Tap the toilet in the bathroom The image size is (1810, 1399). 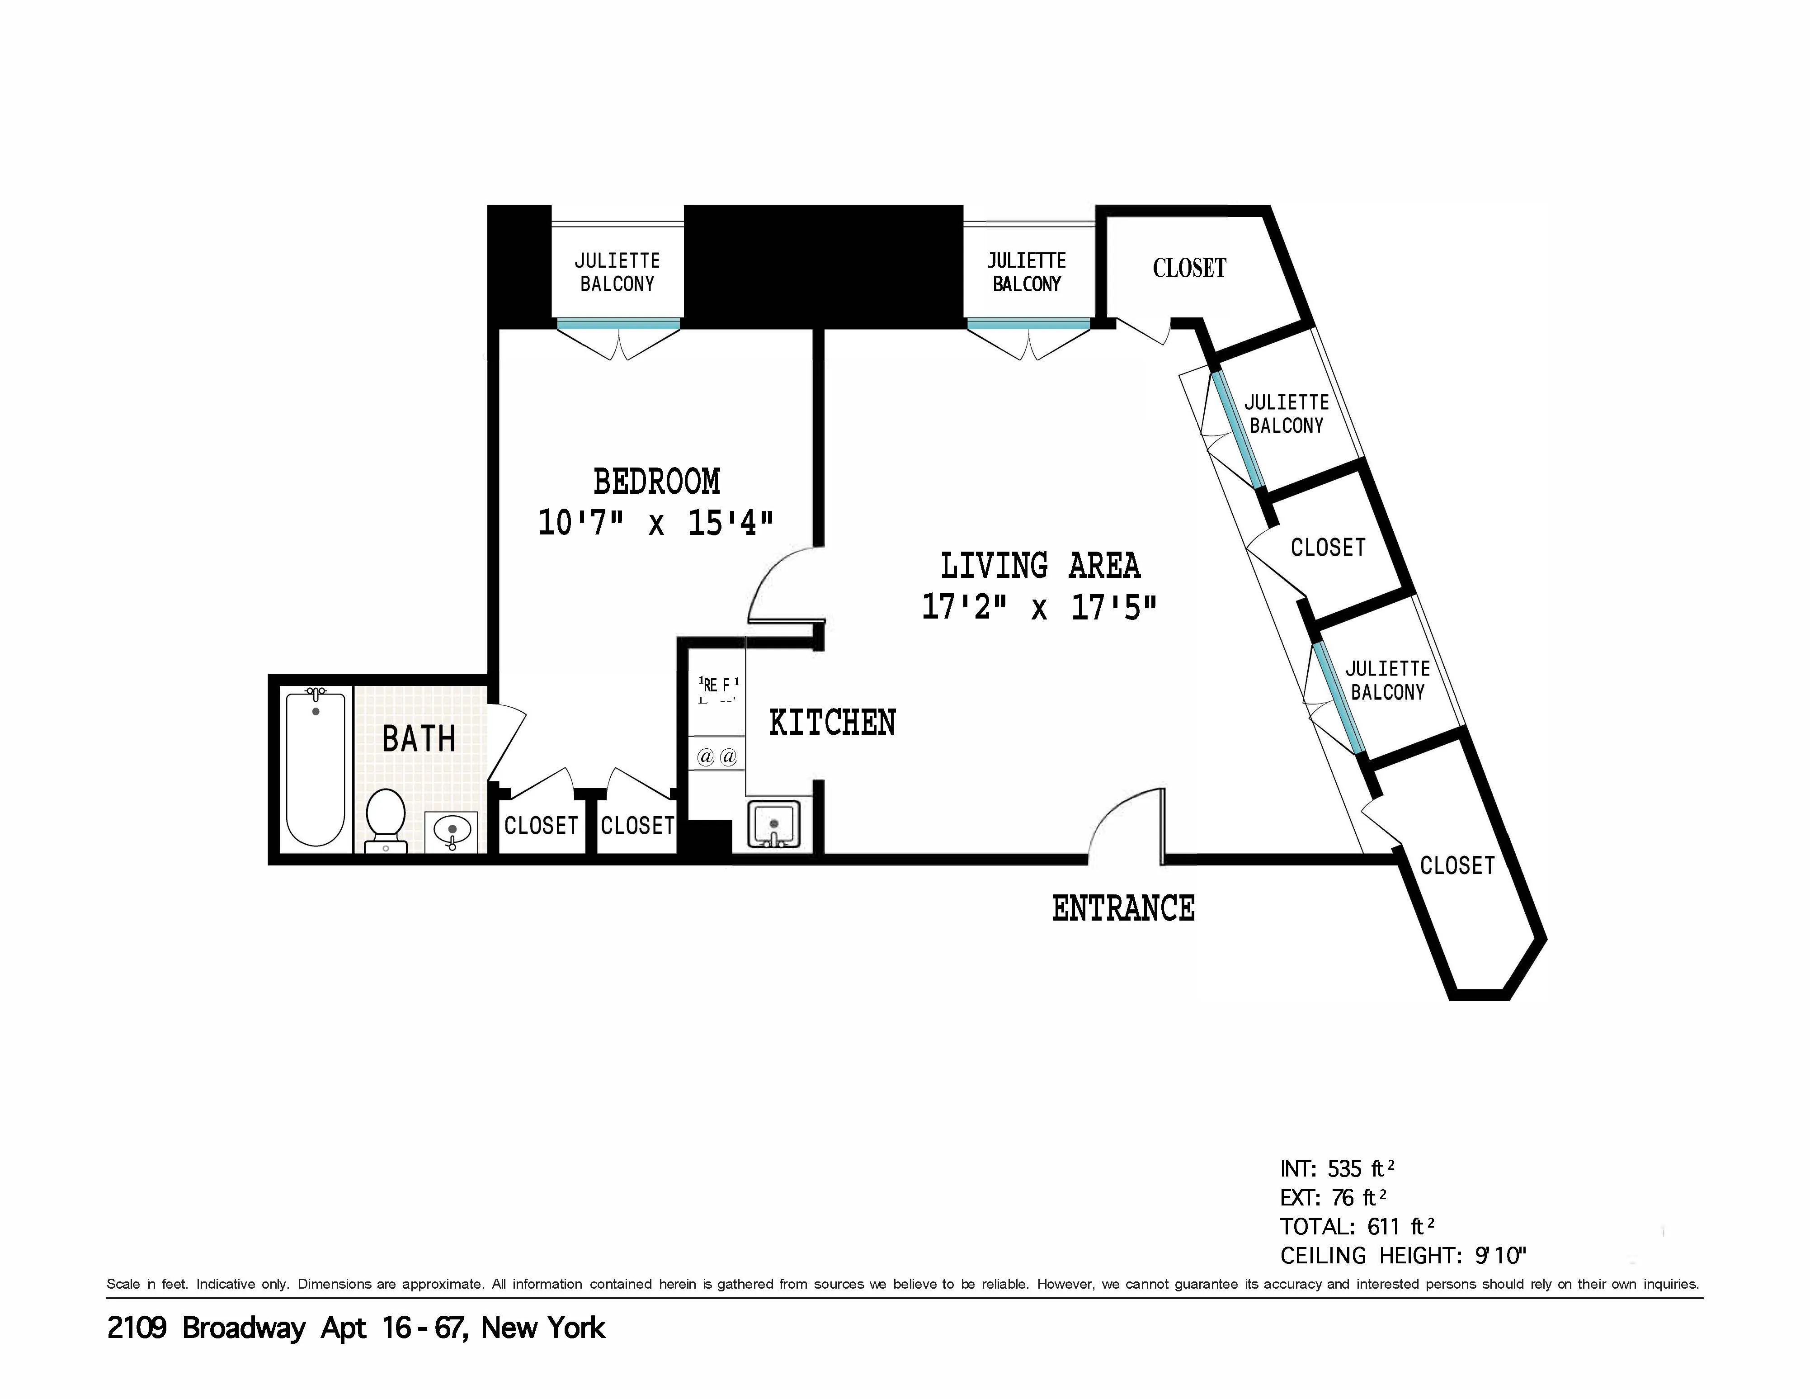coord(385,816)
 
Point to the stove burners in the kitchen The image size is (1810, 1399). coord(717,756)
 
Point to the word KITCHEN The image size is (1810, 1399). coord(832,723)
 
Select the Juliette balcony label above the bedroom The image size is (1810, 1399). coord(617,272)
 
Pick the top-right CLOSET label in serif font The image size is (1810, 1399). coord(1189,268)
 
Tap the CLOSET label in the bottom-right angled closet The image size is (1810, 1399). coord(1457,865)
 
